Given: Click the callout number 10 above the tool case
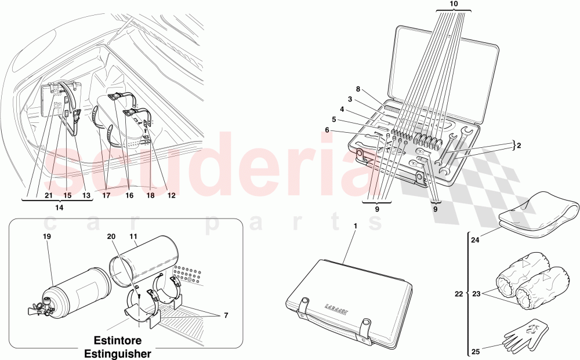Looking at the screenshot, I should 454,3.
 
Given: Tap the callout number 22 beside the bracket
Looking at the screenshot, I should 458,294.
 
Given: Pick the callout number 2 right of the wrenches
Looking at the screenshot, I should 518,146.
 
